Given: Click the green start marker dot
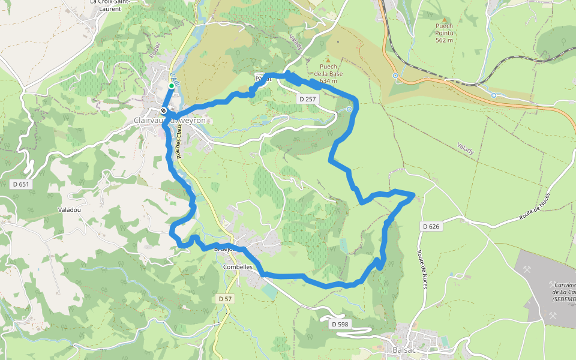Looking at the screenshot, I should click(171, 86).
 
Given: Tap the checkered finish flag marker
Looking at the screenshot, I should click(163, 110).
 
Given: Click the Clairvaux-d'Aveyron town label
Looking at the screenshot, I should click(170, 121).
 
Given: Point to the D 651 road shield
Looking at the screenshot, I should click(20, 184).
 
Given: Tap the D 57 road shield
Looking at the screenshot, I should click(225, 298).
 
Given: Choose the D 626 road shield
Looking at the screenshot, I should click(431, 226).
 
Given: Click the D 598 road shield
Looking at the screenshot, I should click(340, 324).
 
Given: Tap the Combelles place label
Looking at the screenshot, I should click(238, 266).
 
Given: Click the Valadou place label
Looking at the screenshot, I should click(69, 209).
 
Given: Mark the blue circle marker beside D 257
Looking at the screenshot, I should click(349, 110).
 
